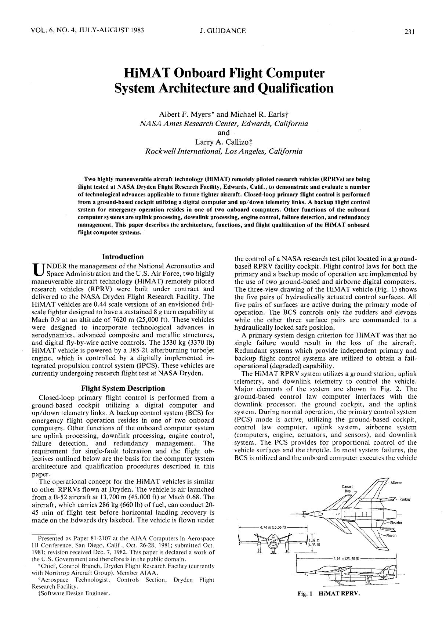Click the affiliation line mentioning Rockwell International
coord(224,151)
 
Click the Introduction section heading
coord(123,257)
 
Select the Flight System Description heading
coord(123,388)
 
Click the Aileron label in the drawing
coord(396,483)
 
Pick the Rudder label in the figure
coord(405,499)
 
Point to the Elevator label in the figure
coord(396,522)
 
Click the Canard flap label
coord(347,488)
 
